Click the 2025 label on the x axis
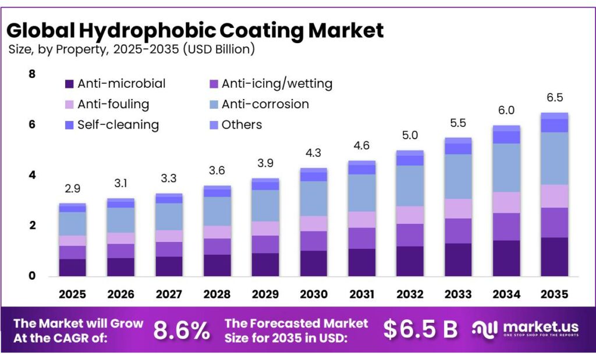72,294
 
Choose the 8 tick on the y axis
31,74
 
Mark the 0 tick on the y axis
31,276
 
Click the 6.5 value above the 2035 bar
554,98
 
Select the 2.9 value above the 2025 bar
72,189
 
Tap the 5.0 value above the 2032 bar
410,136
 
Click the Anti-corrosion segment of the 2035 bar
554,158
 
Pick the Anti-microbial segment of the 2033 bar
458,259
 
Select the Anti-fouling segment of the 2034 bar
506,202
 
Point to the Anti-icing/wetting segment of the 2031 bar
361,238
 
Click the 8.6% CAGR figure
181,330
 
